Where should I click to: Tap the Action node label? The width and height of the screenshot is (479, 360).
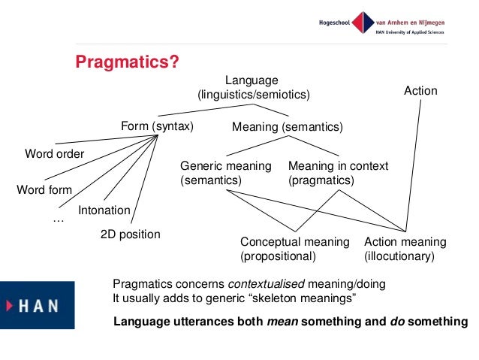[420, 91]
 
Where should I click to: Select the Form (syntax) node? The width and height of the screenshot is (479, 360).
[157, 126]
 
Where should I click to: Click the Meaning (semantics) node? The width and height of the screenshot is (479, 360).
[288, 128]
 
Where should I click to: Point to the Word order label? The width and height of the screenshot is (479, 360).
[55, 154]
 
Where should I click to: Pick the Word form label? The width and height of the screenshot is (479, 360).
[44, 189]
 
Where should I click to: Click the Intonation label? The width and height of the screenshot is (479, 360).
[104, 210]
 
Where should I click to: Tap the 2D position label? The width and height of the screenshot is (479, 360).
[131, 234]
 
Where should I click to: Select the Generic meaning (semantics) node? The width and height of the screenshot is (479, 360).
[225, 173]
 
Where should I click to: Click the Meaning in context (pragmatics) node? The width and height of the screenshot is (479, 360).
[338, 173]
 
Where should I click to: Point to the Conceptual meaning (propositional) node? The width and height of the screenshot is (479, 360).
[294, 249]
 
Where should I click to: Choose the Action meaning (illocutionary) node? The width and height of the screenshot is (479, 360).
[405, 249]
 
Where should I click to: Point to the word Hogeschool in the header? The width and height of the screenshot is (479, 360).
[333, 20]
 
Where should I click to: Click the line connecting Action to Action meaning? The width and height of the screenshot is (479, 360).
[414, 165]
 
